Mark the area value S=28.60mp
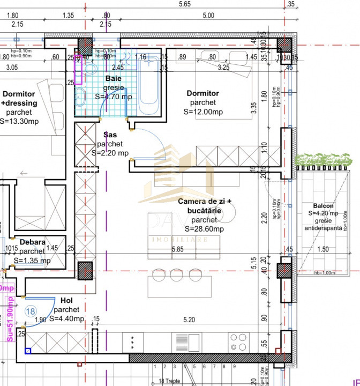204,229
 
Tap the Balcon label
324,206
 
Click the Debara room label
32,242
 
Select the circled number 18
31,311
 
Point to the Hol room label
67,301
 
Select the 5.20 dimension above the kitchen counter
189,320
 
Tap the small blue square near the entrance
28,351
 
